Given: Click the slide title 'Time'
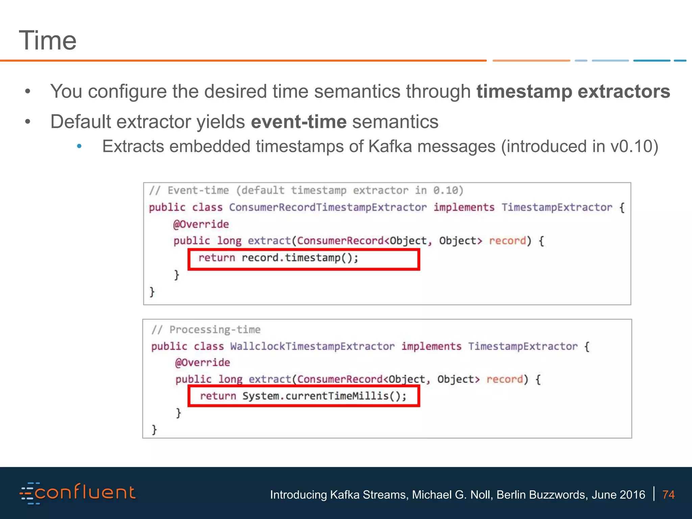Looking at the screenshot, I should (48, 41).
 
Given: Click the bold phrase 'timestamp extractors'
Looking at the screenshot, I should (573, 91).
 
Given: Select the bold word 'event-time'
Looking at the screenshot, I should (299, 122).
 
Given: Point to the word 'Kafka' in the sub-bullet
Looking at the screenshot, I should (390, 147).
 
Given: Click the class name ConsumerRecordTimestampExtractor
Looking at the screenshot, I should (328, 207).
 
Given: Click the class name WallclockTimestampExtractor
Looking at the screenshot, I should (312, 346).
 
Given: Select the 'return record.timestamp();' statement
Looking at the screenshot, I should (278, 258).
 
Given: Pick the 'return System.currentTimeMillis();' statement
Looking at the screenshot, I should (303, 396).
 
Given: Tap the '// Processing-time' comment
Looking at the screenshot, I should (206, 329).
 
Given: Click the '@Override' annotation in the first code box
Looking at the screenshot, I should (201, 224).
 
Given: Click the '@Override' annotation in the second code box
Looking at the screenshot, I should (202, 363).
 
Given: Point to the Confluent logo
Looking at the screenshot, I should (78, 493).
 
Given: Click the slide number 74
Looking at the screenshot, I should (668, 495).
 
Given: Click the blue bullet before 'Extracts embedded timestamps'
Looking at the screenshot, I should (79, 147).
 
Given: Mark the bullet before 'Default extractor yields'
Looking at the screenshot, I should (28, 122).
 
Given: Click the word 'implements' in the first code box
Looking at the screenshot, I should (464, 207).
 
